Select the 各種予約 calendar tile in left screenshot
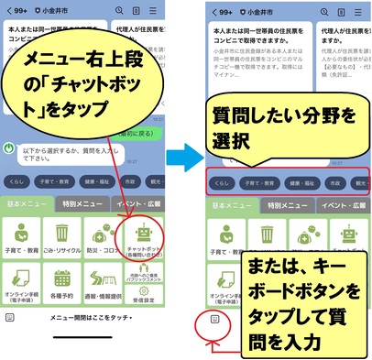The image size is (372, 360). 61,285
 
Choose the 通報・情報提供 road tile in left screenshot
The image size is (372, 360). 101,285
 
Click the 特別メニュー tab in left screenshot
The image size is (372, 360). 82,203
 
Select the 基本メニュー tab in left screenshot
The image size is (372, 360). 26,203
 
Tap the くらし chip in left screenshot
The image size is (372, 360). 17,180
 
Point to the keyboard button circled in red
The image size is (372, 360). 213,320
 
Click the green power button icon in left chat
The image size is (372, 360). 9,147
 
